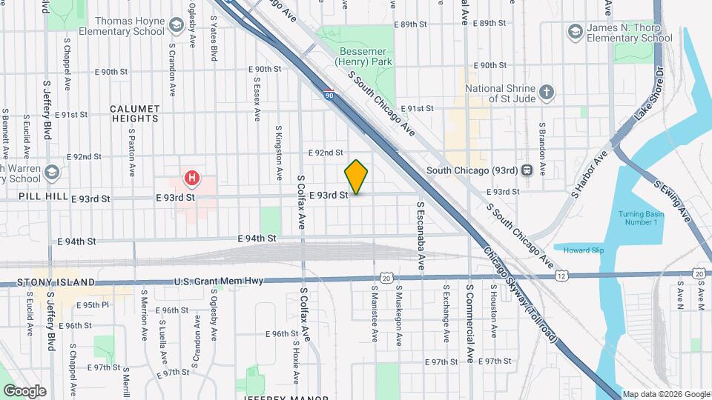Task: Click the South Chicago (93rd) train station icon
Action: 527,170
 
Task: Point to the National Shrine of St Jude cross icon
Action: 547,92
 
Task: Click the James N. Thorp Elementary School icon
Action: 575,32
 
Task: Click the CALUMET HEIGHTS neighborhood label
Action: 134,113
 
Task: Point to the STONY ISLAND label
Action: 56,282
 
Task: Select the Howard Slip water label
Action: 583,250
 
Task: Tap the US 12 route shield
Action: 563,276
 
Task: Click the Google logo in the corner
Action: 24,390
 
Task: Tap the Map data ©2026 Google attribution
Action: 665,394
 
